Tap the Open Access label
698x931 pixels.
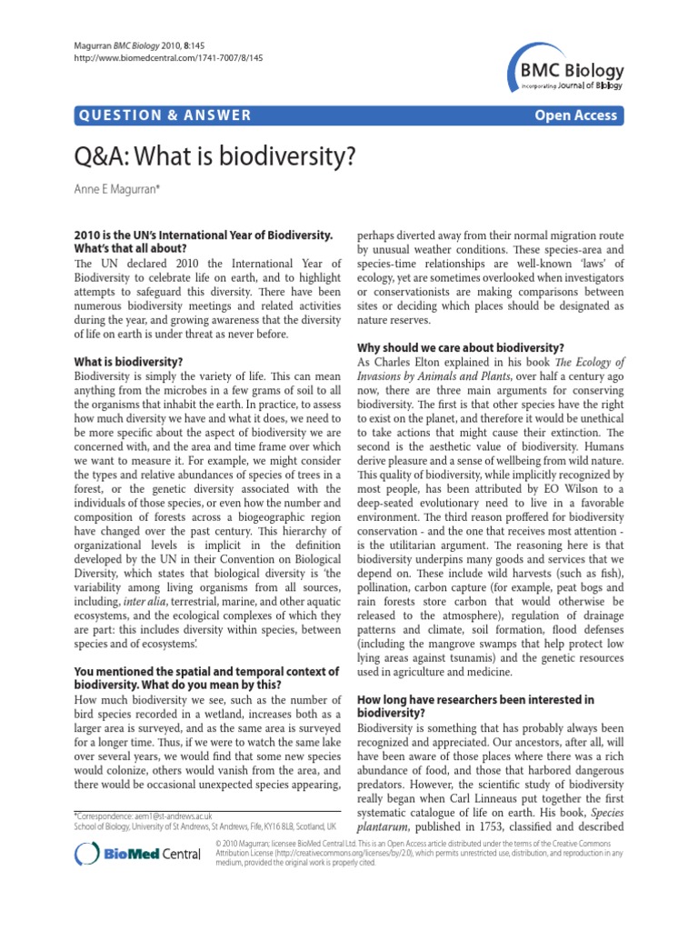576,115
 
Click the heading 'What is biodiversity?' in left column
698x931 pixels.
128,361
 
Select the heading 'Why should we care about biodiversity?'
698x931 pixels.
461,348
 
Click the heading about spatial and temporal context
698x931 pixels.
206,678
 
